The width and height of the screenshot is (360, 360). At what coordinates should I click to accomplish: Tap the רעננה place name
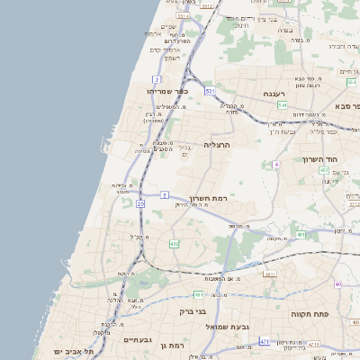[x=274, y=93]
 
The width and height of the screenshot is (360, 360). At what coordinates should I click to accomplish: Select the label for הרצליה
[x=218, y=144]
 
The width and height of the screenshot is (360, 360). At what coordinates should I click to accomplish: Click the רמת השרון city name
[x=209, y=197]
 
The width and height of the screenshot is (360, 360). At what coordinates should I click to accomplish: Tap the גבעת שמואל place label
[x=226, y=325]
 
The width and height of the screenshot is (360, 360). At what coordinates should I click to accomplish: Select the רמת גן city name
[x=169, y=345]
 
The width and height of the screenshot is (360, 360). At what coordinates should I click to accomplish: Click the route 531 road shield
[x=210, y=91]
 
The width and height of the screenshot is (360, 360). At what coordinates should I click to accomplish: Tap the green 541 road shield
[x=283, y=105]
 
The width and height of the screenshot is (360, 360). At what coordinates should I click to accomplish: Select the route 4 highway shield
[x=277, y=165]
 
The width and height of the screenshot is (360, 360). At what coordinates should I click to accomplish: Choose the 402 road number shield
[x=174, y=244]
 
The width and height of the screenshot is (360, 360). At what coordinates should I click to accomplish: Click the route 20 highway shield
[x=140, y=204]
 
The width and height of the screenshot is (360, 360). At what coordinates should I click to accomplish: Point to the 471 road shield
[x=264, y=342]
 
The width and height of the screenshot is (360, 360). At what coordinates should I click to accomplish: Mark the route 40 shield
[x=338, y=284]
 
